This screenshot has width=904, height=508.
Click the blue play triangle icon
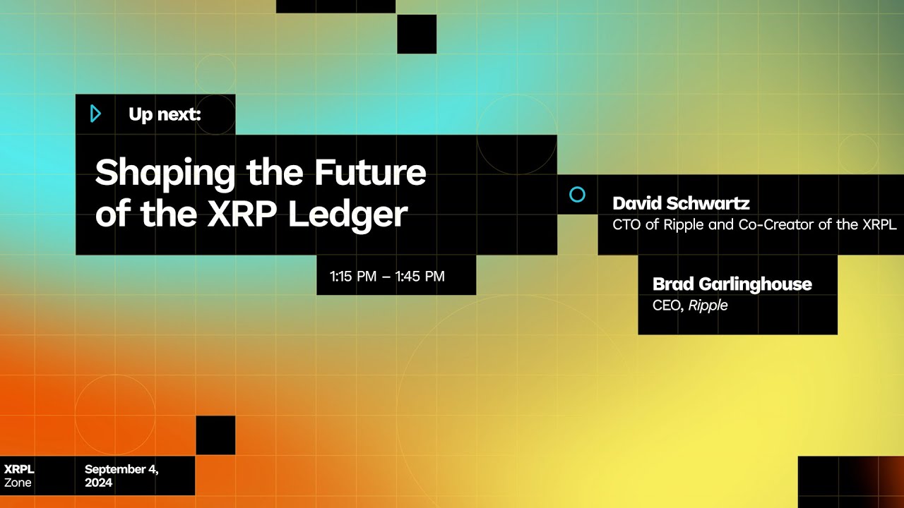pos(96,114)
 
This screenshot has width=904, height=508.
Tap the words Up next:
pos(165,114)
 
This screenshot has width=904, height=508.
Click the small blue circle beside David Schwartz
pos(577,195)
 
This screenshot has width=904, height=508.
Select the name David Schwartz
pos(681,204)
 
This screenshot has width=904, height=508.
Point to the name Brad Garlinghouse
pos(732,284)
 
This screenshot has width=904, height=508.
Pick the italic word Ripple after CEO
pos(708,306)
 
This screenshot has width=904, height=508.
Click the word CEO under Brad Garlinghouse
pos(667,306)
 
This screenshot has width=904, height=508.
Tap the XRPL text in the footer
pos(19,469)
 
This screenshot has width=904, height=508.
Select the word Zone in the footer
pos(18,483)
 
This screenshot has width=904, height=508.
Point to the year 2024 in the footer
pos(98,483)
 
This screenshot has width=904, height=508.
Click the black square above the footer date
pos(215,435)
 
